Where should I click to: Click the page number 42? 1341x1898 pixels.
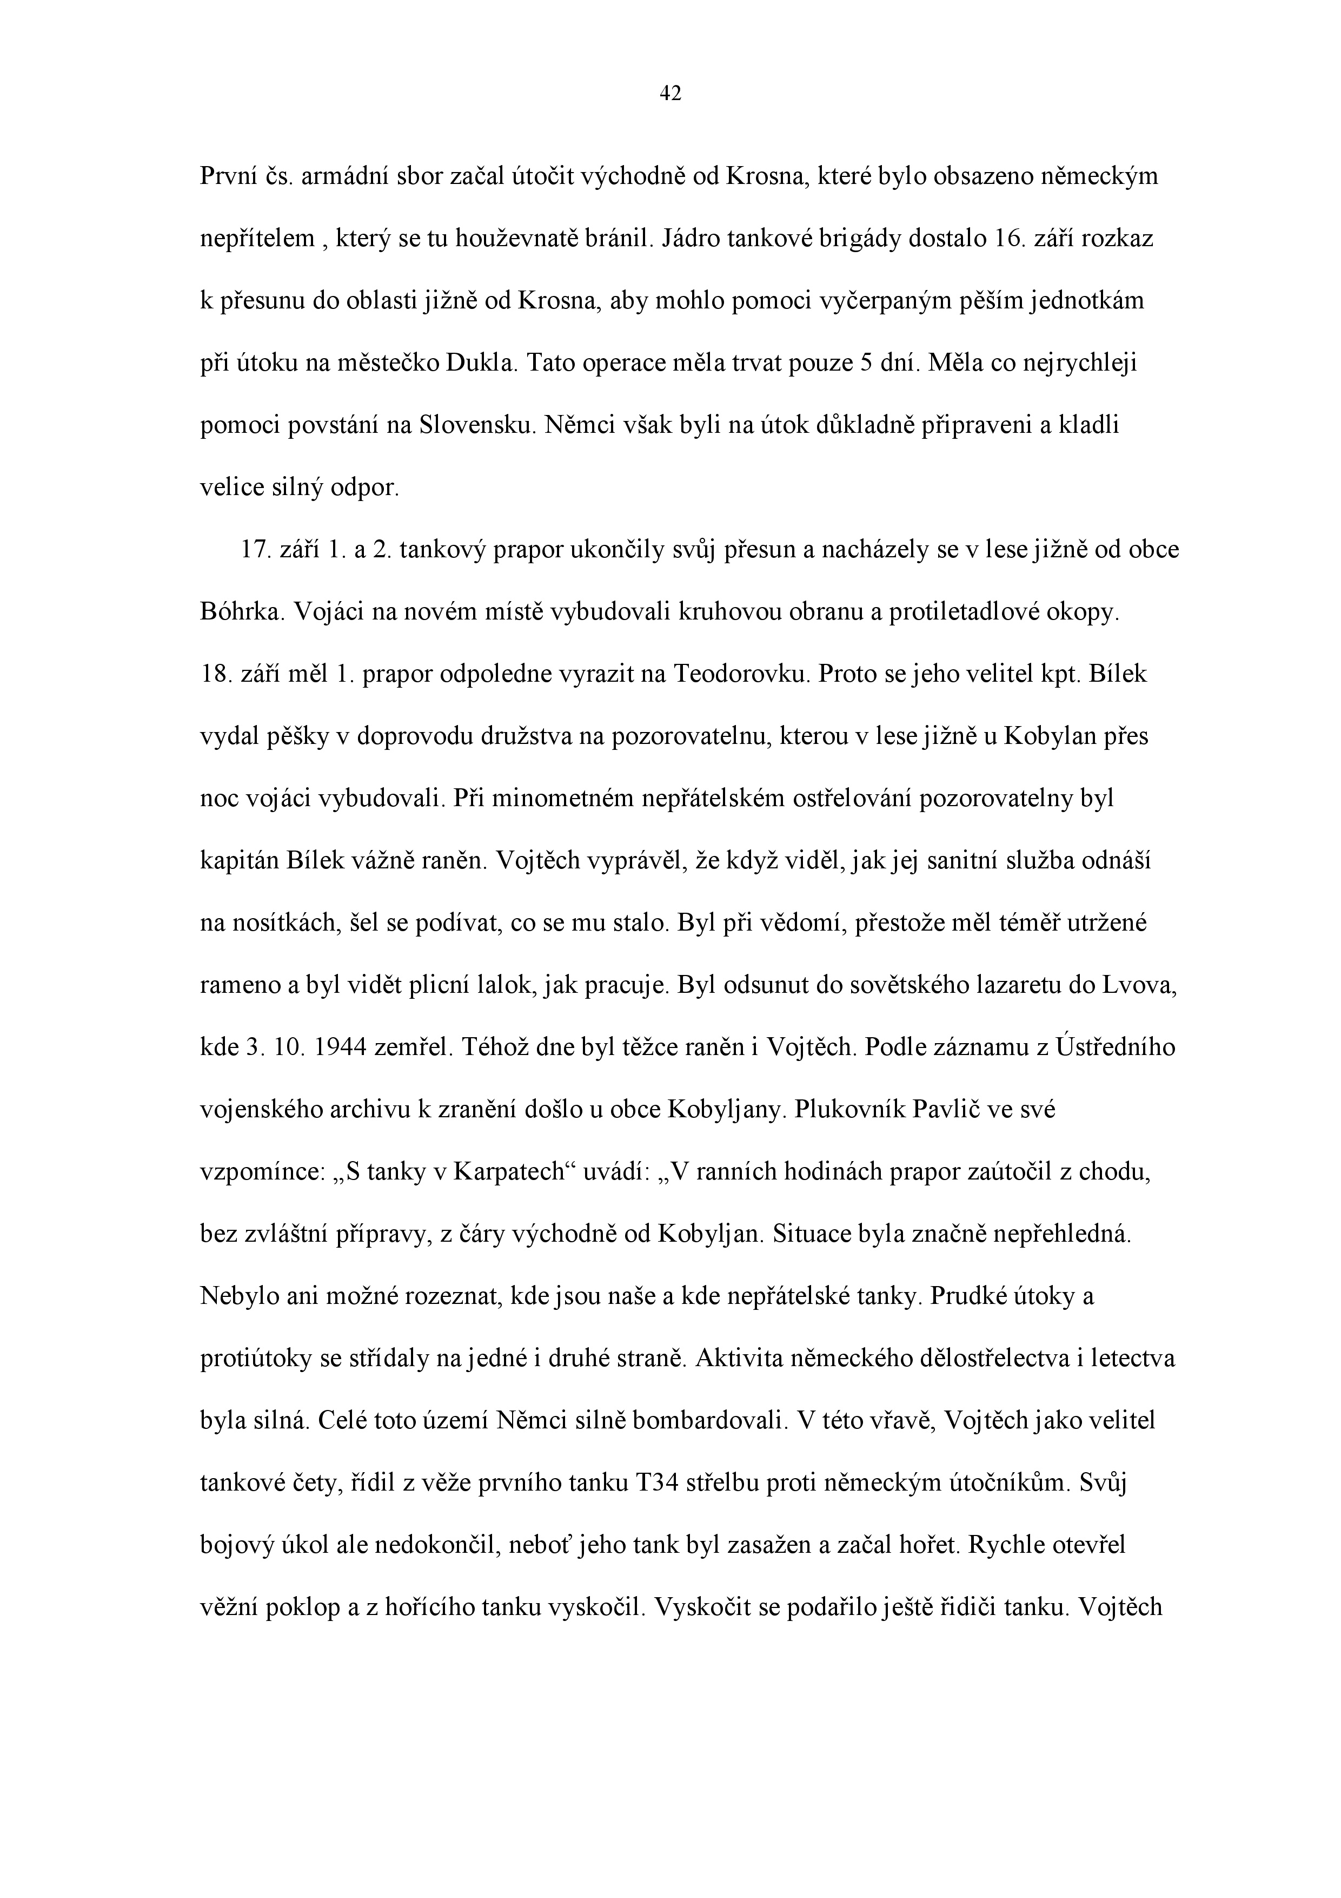[x=670, y=94]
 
